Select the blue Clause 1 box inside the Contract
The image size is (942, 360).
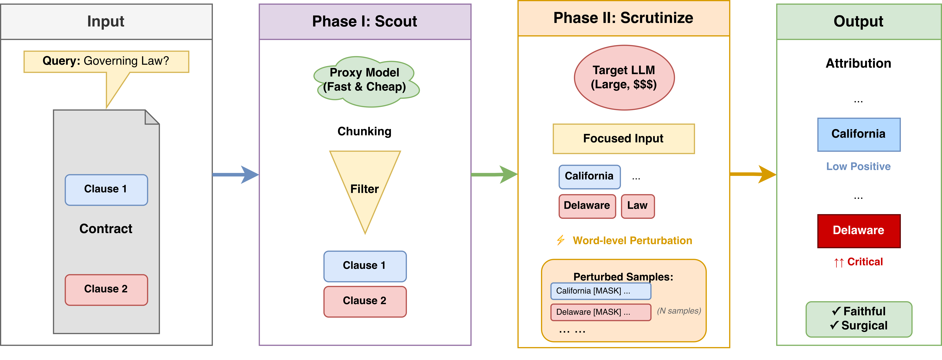point(106,190)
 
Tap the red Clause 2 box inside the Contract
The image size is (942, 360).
point(106,289)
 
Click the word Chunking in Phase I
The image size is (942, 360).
point(364,131)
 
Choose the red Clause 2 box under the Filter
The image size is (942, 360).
point(365,301)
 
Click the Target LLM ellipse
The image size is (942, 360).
point(624,78)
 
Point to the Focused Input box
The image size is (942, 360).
point(624,139)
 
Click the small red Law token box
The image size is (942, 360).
point(637,206)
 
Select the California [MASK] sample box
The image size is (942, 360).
point(600,291)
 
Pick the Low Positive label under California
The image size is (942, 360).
point(858,166)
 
